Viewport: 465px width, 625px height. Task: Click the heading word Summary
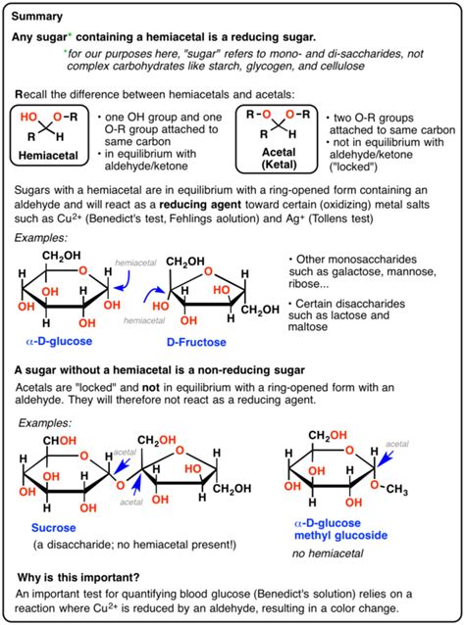[x=37, y=17]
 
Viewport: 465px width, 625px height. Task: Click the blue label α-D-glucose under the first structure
[x=59, y=341]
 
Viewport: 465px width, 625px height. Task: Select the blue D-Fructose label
[x=196, y=342]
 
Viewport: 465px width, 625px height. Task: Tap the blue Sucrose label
[x=54, y=528]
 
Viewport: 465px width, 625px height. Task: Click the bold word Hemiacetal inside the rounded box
[x=48, y=156]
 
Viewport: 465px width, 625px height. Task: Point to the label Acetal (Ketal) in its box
[x=279, y=159]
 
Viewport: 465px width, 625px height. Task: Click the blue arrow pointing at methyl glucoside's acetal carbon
[x=386, y=458]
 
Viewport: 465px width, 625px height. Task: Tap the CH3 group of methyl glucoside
[x=396, y=489]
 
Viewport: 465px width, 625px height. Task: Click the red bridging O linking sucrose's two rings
[x=120, y=486]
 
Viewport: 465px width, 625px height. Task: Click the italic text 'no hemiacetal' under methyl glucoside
[x=328, y=553]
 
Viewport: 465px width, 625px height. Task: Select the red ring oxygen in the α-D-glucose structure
[x=82, y=271]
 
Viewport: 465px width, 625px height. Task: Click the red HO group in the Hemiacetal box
[x=28, y=117]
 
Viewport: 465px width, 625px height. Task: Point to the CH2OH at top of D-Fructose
[x=185, y=262]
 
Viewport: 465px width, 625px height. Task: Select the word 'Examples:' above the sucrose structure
[x=45, y=423]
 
